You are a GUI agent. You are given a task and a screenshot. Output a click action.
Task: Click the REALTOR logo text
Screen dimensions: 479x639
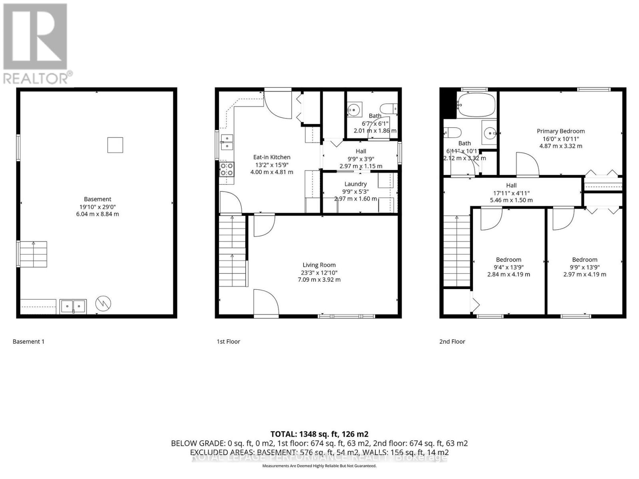(38, 78)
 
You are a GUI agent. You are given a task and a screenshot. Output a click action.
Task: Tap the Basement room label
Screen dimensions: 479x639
(97, 199)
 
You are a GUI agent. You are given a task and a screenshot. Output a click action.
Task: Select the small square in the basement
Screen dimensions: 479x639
(115, 145)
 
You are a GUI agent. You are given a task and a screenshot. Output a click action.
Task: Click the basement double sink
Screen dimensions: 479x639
(73, 306)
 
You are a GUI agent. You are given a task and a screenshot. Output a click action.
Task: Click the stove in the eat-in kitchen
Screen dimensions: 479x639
(227, 170)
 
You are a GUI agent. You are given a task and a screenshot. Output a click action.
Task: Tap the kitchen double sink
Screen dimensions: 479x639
(227, 142)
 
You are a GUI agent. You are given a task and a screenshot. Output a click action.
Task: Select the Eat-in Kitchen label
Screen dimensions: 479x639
(272, 157)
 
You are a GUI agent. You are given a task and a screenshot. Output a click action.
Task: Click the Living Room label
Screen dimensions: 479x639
(319, 265)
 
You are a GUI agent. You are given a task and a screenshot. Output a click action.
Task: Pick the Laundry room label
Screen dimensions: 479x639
(355, 184)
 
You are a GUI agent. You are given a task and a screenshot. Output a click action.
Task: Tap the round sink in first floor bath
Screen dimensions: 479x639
(353, 108)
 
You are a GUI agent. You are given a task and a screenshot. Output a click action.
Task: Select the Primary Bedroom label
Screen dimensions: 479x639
(560, 131)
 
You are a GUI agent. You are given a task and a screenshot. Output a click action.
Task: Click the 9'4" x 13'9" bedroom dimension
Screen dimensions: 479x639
(508, 267)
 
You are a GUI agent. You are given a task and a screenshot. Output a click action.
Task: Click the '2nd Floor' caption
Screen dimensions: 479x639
(452, 341)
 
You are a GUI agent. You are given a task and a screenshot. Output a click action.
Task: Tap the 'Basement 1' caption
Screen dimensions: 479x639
(28, 341)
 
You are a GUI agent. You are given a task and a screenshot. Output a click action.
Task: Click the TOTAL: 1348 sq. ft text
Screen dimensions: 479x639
(319, 434)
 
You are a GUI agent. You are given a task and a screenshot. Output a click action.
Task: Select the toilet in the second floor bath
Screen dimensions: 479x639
(453, 132)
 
